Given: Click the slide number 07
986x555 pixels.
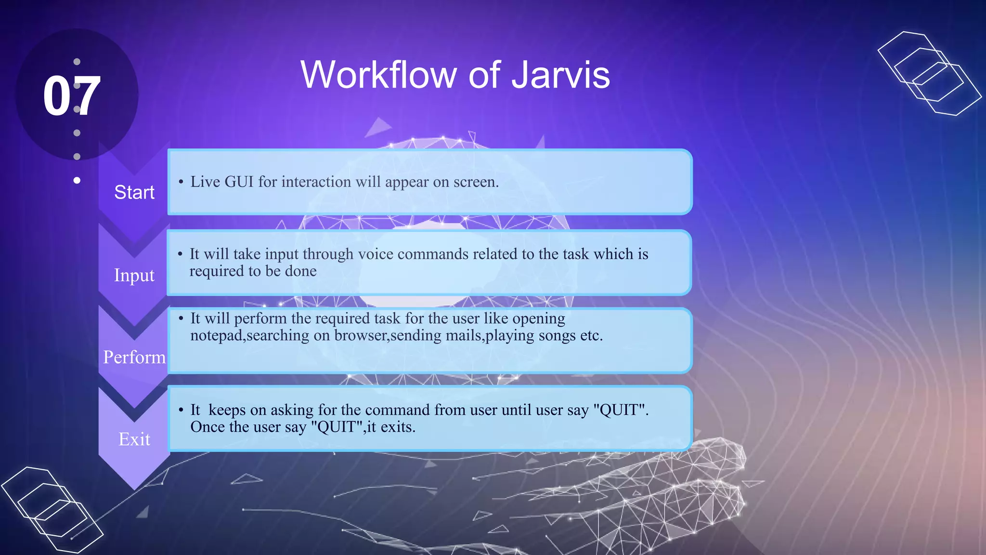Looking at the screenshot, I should (72, 96).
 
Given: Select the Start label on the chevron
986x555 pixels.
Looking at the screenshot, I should (134, 192).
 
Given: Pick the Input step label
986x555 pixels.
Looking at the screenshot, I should (134, 276).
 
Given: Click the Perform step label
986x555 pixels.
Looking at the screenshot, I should (134, 357).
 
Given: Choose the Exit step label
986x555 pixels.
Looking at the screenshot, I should (134, 439).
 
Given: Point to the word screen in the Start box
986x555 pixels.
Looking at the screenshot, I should (475, 182).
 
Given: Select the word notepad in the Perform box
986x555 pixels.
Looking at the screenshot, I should (216, 335).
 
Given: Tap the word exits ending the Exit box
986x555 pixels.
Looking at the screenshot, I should (397, 427).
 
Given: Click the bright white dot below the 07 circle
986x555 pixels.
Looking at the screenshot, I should (77, 180).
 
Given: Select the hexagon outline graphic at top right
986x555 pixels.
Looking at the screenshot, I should (928, 73).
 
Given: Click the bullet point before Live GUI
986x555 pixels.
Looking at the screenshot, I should (181, 182).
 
